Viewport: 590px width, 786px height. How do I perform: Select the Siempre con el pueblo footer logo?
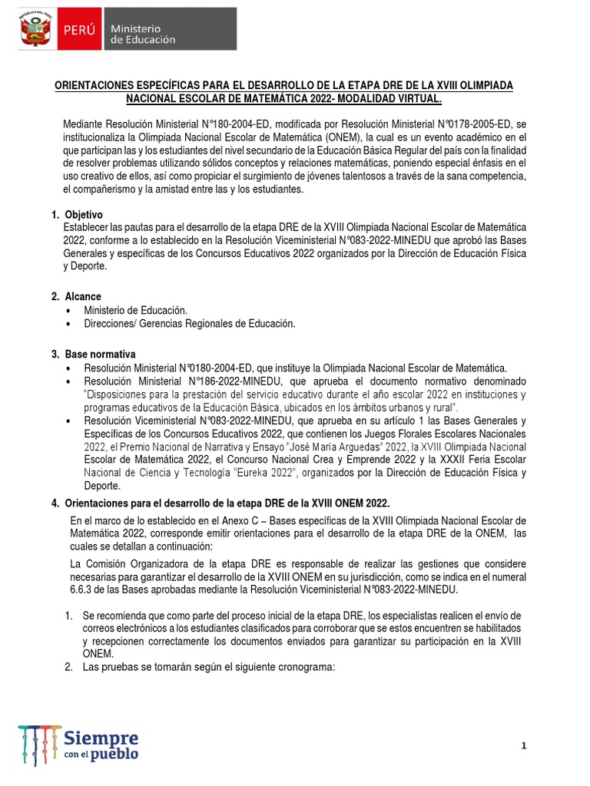point(80,743)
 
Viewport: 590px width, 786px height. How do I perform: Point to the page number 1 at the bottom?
point(523,745)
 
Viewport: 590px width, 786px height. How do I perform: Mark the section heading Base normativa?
point(100,355)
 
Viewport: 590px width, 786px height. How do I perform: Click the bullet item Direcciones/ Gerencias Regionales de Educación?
point(190,324)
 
